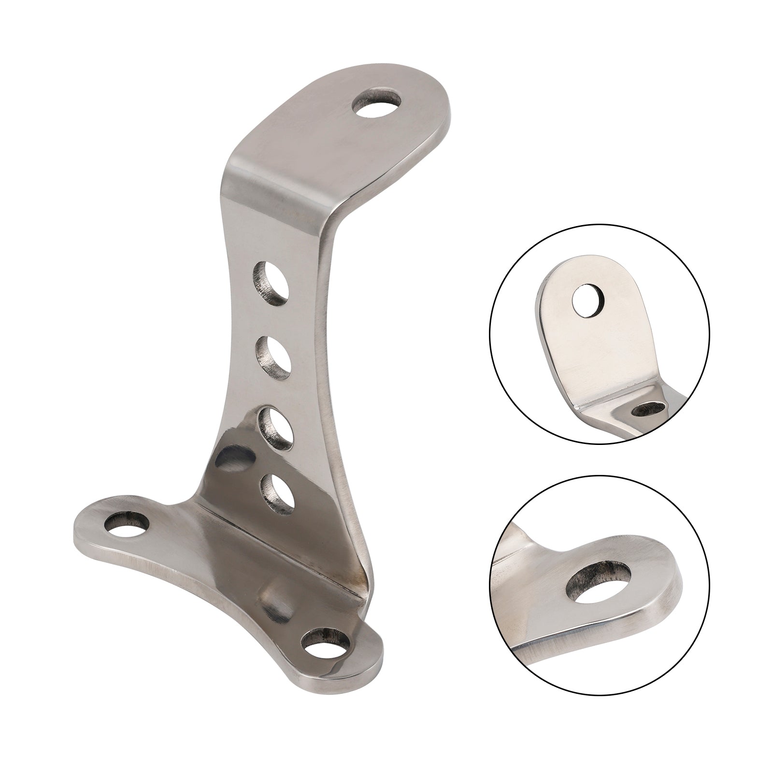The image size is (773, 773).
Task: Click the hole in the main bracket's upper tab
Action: (x=377, y=102)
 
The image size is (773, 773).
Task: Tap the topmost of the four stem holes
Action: (x=272, y=284)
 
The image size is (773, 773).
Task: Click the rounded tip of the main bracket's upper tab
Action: (x=425, y=92)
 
